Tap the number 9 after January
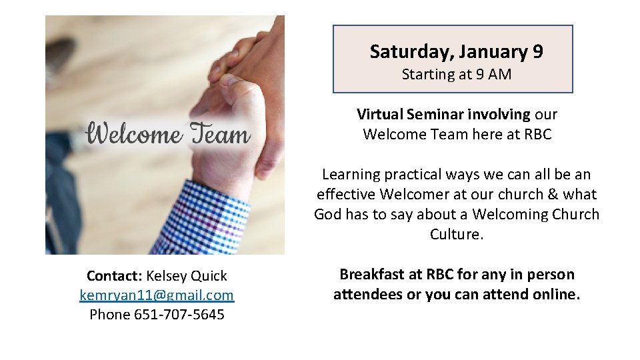pyautogui.click(x=537, y=52)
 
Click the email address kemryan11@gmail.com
pyautogui.click(x=157, y=295)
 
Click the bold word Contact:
pyautogui.click(x=114, y=276)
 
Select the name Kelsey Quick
pyautogui.click(x=187, y=276)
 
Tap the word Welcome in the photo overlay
pyautogui.click(x=134, y=135)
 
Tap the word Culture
pyautogui.click(x=456, y=235)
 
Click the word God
pyautogui.click(x=328, y=215)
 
